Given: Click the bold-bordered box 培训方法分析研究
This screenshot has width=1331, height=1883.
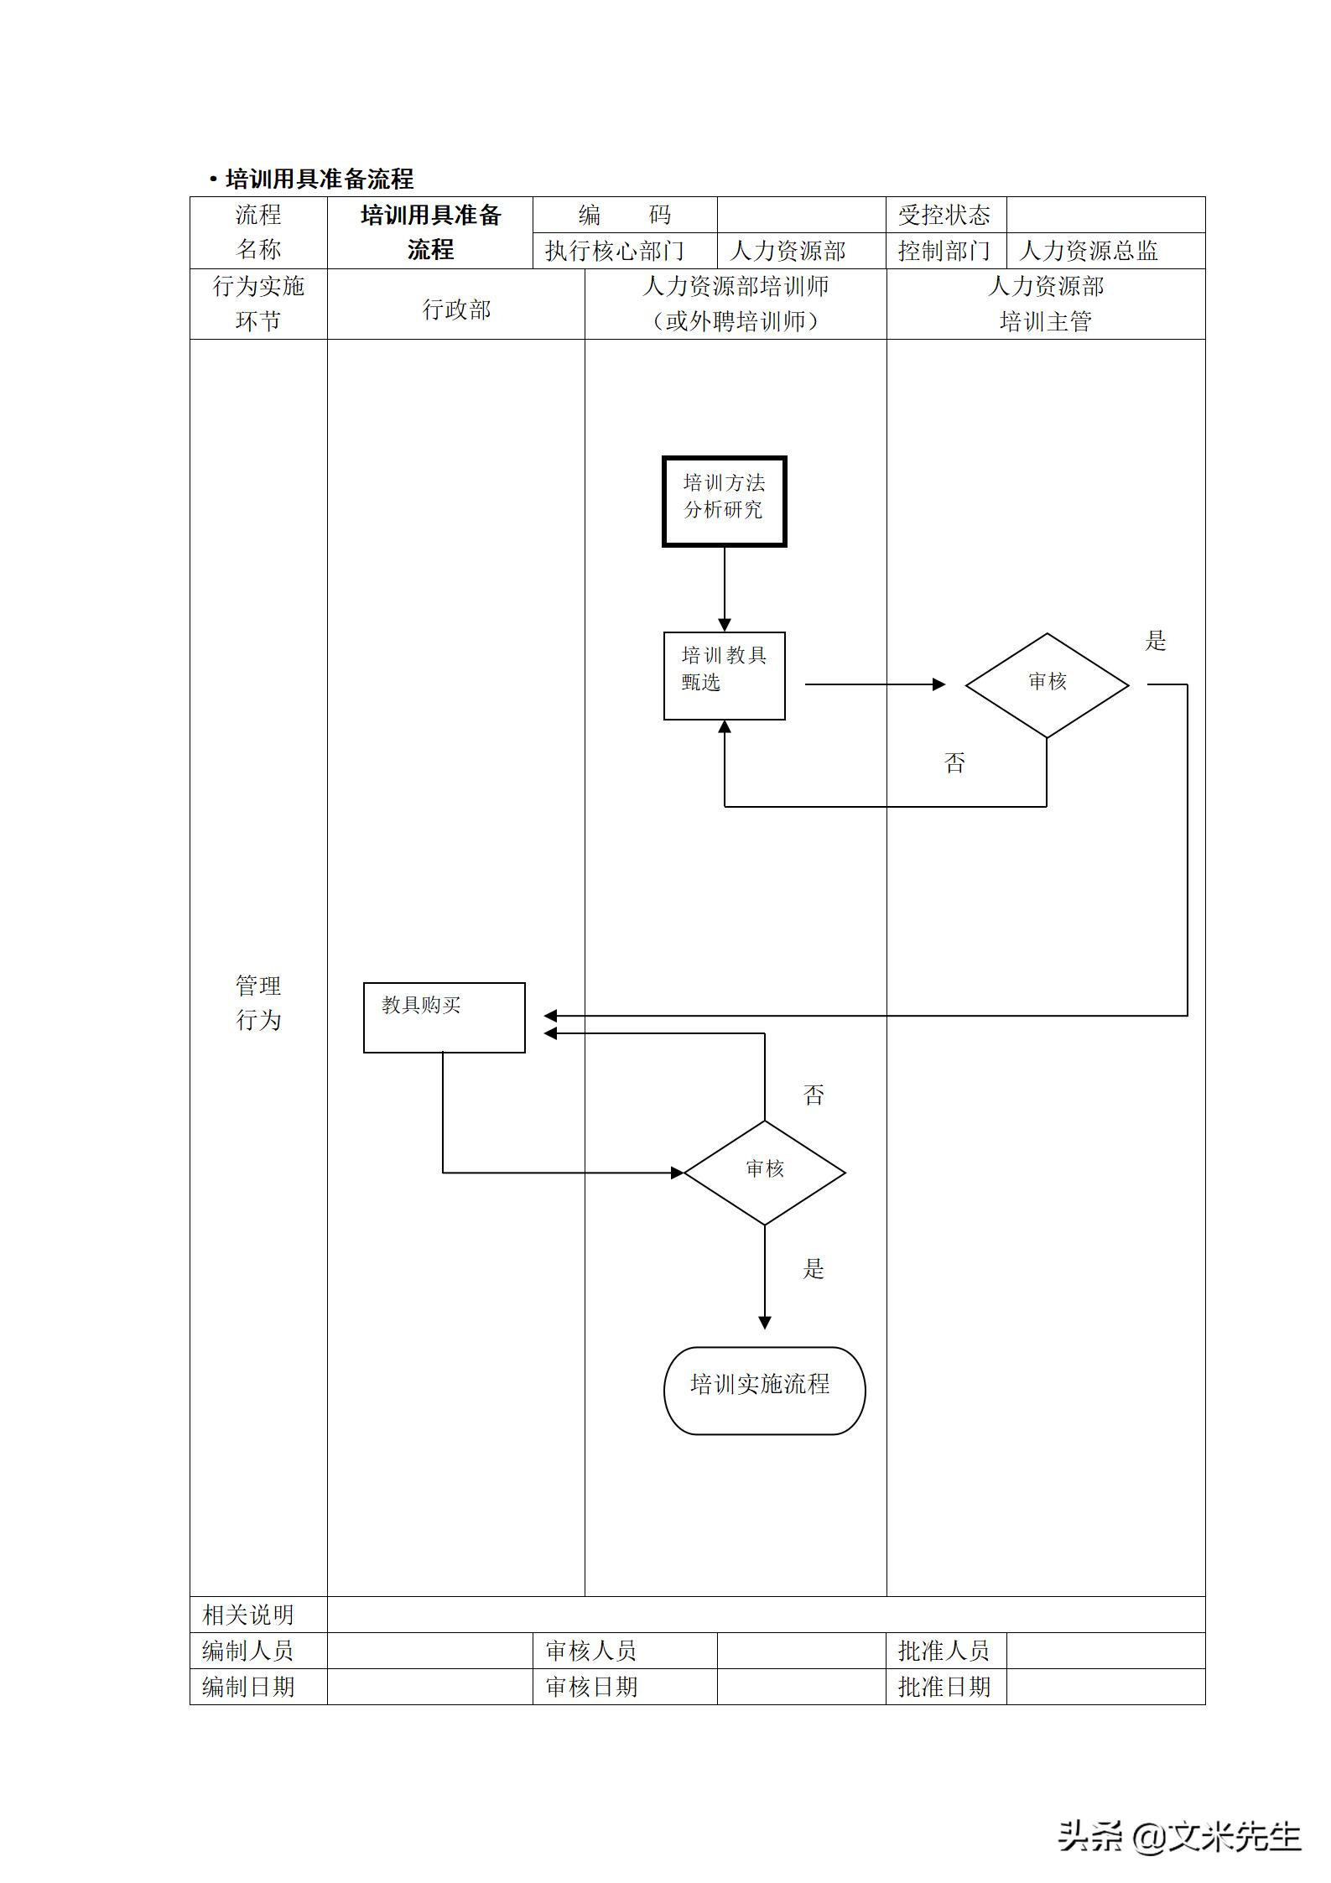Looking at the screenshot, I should pos(724,502).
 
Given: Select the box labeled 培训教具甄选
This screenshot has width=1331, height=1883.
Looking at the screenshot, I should pos(724,675).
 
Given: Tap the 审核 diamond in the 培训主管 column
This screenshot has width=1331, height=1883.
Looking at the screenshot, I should pos(1047,684).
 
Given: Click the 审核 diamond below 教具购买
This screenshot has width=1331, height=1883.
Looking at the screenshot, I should pos(764,1172).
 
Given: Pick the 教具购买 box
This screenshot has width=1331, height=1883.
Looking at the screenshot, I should pos(444,1017).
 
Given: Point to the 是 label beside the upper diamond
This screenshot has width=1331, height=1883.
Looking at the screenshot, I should pos(1156,642).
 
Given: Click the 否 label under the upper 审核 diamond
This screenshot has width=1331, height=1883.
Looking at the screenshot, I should pos(954,762).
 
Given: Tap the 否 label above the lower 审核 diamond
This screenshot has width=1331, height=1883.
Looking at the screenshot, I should pos(814,1095).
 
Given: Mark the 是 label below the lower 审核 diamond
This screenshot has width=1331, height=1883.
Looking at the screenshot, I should pos(814,1269).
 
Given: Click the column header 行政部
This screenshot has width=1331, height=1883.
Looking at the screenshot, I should pos(455,309).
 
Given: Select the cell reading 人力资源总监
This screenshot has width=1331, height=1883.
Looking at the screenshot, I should pos(1089,251).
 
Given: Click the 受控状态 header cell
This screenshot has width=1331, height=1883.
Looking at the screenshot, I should pos(944,216).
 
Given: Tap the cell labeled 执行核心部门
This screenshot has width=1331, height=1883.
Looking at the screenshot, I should pos(615,251).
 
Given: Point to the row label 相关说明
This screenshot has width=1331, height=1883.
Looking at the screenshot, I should pos(248,1615).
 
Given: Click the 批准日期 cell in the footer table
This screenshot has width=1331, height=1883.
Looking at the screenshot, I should pos(944,1687).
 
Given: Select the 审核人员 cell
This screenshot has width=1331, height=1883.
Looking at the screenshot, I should pos(591,1651).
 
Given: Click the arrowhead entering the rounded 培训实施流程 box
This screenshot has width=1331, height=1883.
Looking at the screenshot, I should pos(764,1323).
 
